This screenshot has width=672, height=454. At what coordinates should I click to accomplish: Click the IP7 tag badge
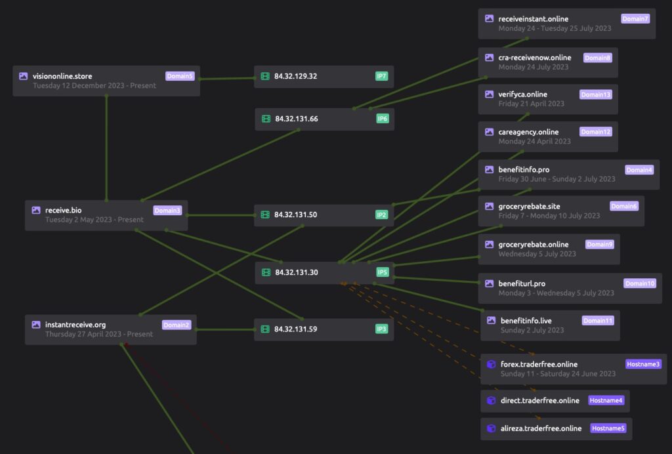(381, 76)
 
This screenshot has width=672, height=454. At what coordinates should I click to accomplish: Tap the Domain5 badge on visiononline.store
(180, 76)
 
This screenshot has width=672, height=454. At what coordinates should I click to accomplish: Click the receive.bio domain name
(63, 210)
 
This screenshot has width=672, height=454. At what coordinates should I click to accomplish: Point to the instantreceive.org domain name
(75, 325)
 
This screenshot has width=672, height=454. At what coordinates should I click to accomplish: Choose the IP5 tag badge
(383, 272)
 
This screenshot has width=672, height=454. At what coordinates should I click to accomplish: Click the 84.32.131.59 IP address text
(295, 329)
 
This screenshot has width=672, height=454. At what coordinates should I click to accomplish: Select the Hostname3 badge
(643, 364)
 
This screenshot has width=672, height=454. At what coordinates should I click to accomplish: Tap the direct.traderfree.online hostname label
(539, 400)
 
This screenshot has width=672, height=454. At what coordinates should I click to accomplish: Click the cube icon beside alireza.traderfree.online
(490, 428)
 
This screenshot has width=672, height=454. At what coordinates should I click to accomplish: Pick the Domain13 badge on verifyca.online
(596, 94)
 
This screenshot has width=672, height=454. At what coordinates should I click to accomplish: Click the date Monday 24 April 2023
(534, 141)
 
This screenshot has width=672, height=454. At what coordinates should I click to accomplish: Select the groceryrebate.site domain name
(529, 206)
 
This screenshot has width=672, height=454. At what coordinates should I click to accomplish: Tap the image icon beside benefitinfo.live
(491, 321)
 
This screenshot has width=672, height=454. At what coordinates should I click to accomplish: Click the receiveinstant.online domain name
(533, 19)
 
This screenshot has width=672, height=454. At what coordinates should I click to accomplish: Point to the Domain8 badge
(597, 58)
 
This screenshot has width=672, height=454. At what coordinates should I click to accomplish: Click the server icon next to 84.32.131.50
(265, 215)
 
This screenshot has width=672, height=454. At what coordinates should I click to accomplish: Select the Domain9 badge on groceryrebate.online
(600, 245)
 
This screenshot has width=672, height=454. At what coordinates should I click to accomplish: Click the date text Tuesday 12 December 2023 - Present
(94, 85)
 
